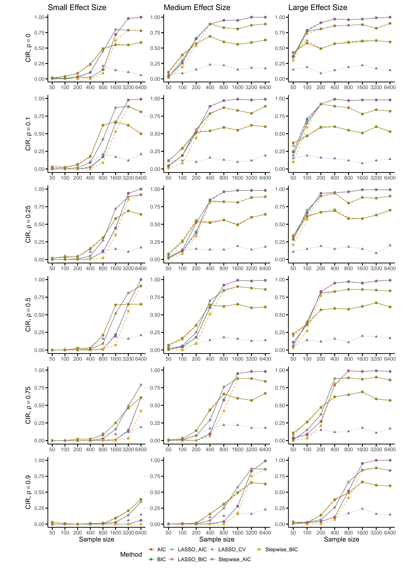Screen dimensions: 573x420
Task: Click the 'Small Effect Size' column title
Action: [x=77, y=8]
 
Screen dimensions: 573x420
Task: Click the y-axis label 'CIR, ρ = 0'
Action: [x=28, y=48]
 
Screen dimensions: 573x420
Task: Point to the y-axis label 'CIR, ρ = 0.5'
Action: [x=28, y=315]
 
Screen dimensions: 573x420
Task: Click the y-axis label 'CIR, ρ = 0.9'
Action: [x=28, y=492]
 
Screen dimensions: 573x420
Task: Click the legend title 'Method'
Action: [x=131, y=554]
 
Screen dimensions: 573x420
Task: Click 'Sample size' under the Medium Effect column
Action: [x=217, y=539]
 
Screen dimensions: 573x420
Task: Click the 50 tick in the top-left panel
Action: [x=52, y=87]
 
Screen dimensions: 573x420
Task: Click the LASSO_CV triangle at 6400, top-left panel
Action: [x=141, y=75]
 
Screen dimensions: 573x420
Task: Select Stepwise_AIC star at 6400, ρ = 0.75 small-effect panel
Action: [x=141, y=385]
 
